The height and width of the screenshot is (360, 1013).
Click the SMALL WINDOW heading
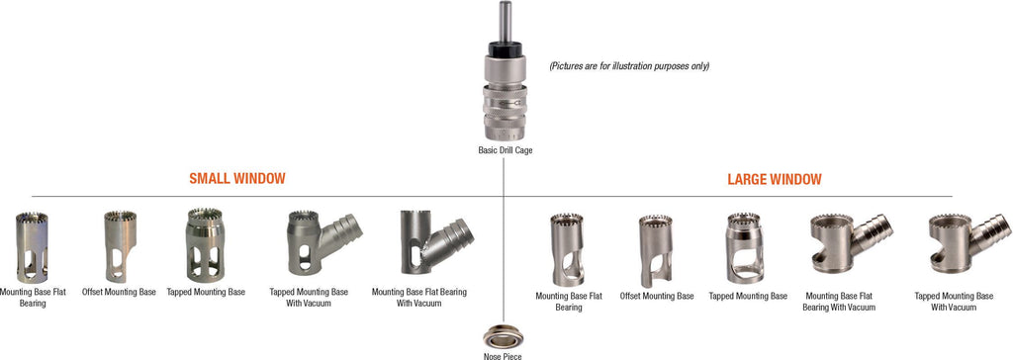237,179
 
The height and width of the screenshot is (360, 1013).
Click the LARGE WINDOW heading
775,179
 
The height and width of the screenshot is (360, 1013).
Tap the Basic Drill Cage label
504,151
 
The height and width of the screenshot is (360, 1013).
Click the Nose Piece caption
503,355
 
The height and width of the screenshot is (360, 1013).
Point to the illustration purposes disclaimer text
629,66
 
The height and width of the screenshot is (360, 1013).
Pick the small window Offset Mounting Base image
119,246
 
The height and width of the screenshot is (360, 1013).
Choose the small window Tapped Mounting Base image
206,245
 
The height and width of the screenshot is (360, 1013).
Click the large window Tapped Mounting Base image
746,247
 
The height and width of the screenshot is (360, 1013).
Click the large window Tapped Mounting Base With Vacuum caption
954,301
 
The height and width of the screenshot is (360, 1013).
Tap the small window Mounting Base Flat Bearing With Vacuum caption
418,297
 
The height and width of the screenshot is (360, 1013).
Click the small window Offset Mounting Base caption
119,293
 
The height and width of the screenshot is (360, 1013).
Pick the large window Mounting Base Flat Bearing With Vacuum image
846,243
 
